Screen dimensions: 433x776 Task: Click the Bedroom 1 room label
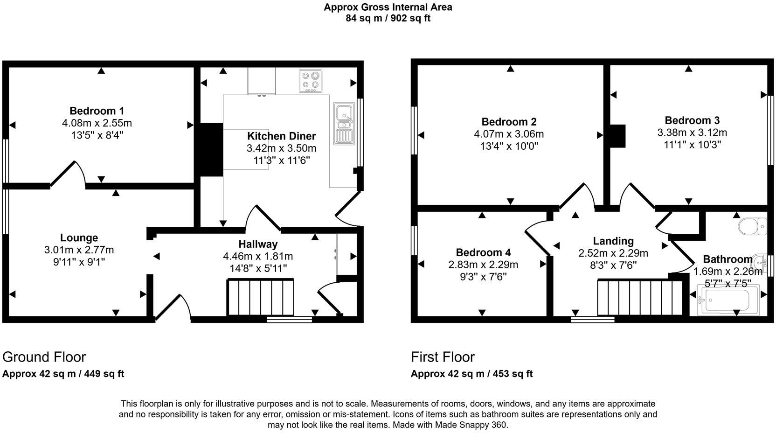click(x=97, y=111)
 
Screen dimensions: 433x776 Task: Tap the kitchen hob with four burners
click(x=311, y=80)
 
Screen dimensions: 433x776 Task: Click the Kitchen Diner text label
click(x=281, y=136)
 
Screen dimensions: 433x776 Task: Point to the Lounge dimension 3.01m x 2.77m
click(x=79, y=250)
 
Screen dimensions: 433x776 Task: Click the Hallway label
click(x=258, y=244)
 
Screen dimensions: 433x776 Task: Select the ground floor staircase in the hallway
click(x=261, y=297)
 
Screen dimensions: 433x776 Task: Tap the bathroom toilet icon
click(x=752, y=226)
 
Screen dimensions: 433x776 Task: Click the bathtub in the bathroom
click(x=728, y=299)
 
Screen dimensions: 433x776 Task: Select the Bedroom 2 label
click(x=509, y=122)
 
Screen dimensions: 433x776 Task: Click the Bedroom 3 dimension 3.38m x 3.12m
click(x=692, y=133)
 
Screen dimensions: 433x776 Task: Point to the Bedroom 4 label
click(x=483, y=252)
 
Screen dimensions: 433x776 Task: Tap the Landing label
click(x=613, y=241)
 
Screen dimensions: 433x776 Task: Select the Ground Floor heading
click(x=44, y=357)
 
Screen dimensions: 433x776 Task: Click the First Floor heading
click(x=443, y=357)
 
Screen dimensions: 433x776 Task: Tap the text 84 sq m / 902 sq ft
click(x=388, y=19)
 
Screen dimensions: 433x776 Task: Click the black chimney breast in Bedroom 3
click(x=618, y=136)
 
